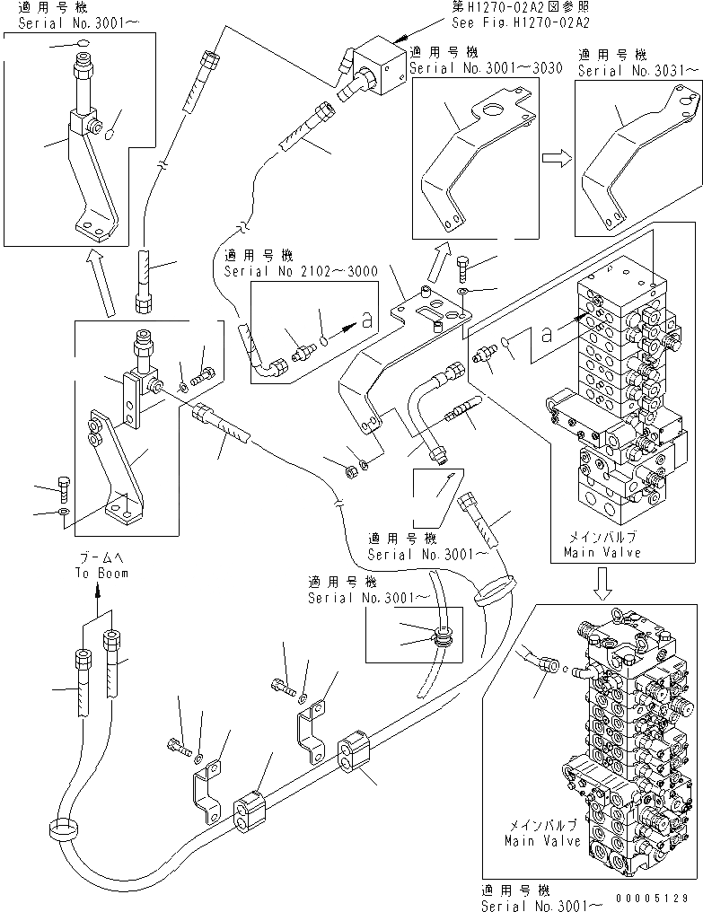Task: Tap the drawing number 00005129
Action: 654,896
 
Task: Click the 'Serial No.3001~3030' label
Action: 486,68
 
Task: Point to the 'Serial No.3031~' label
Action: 638,69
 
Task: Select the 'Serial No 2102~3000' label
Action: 300,269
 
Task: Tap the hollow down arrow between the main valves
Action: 603,585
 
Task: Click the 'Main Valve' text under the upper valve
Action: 602,553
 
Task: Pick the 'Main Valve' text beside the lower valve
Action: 532,841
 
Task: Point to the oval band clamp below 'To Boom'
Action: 64,830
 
